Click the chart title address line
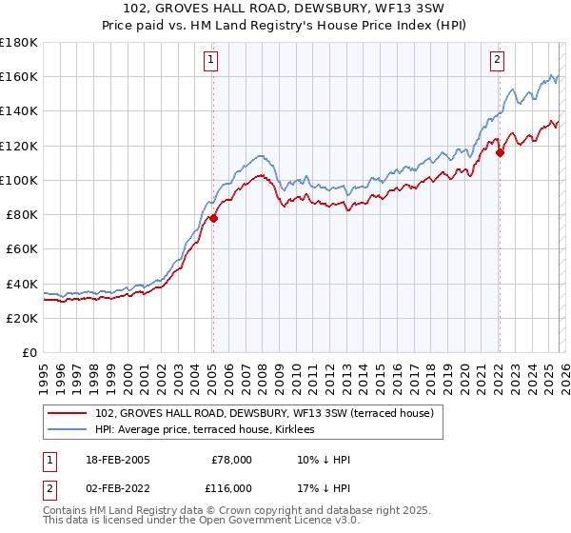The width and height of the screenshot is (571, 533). (285, 9)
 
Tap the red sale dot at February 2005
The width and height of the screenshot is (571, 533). (213, 218)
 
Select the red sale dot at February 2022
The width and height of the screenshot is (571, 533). (500, 152)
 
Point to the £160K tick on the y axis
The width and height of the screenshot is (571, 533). (19, 76)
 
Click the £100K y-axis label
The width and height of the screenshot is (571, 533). (19, 180)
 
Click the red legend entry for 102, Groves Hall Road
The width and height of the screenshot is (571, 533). (264, 413)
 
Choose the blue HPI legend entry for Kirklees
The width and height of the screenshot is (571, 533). (211, 430)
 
